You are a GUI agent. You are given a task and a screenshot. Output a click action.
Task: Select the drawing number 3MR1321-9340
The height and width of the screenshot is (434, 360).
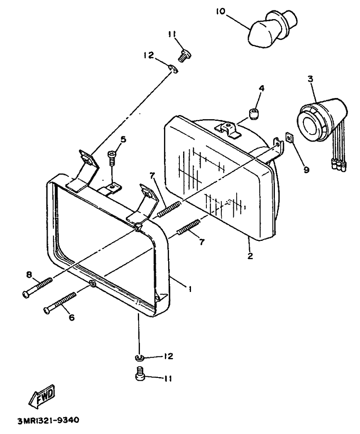point(49,420)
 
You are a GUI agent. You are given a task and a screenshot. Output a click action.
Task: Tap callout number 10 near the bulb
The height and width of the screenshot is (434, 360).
point(221,12)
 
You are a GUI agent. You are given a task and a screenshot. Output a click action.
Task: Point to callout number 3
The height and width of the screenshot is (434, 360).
point(311,79)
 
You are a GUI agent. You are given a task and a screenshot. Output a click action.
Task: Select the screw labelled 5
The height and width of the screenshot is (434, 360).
point(112,157)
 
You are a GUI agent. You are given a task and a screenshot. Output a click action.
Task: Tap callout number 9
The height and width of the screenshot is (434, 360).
point(306,169)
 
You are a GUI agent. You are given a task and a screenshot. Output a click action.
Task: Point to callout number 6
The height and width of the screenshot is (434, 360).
point(72,317)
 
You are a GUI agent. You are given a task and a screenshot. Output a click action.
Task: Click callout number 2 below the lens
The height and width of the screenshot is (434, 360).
point(250,255)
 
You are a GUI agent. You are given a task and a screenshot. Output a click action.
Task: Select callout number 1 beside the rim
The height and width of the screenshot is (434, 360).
point(190,289)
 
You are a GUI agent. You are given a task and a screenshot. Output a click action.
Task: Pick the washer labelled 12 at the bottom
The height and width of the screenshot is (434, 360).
point(139,358)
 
